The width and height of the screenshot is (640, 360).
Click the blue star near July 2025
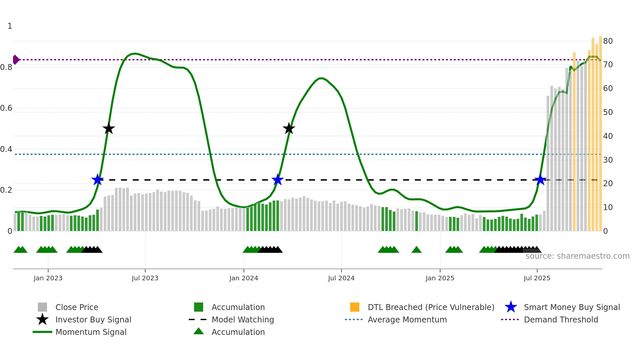540,180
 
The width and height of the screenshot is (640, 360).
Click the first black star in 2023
109,129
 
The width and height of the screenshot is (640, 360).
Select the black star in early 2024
289,129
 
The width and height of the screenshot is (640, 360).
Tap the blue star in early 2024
278,180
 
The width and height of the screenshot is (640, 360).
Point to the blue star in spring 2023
97,180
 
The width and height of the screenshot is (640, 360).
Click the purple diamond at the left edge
16,60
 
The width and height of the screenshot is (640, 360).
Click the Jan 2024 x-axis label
244,278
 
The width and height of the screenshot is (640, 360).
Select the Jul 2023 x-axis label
145,278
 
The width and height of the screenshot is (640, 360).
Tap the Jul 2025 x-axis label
537,278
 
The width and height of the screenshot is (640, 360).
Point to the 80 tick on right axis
608,41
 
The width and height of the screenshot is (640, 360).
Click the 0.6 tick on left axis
6,108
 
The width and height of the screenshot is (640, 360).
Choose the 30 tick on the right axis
608,160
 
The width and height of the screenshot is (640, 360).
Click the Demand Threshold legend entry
561,319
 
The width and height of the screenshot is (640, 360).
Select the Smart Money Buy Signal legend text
572,307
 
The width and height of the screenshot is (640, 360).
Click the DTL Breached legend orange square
355,307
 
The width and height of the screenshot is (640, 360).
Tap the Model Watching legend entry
243,319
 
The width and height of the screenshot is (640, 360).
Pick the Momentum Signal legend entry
91,332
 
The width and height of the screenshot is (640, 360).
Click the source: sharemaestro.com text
577,256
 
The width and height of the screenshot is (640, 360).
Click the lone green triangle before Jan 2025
416,250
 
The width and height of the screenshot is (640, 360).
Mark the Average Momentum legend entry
407,319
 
